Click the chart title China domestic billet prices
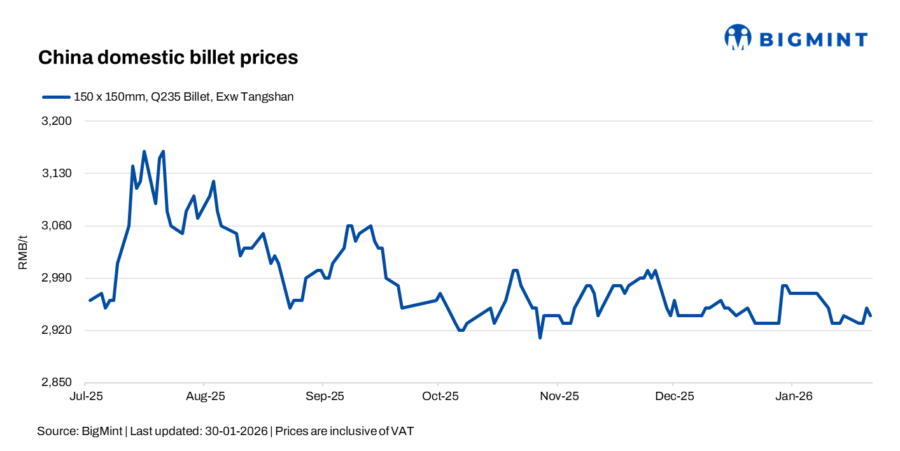pyautogui.click(x=168, y=57)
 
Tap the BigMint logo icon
pyautogui.click(x=738, y=38)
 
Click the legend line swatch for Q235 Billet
pyautogui.click(x=55, y=97)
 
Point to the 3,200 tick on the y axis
pyautogui.click(x=57, y=121)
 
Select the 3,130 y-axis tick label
pyautogui.click(x=57, y=173)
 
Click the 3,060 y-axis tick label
pyautogui.click(x=57, y=226)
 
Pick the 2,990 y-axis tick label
pyautogui.click(x=57, y=278)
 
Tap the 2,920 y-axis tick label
pyautogui.click(x=57, y=331)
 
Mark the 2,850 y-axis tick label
pyautogui.click(x=57, y=383)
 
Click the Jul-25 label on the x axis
pyautogui.click(x=85, y=396)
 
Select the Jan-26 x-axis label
pyautogui.click(x=792, y=396)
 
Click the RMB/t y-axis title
pyautogui.click(x=23, y=252)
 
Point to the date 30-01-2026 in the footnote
pyautogui.click(x=236, y=431)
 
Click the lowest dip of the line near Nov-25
pyautogui.click(x=540, y=338)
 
